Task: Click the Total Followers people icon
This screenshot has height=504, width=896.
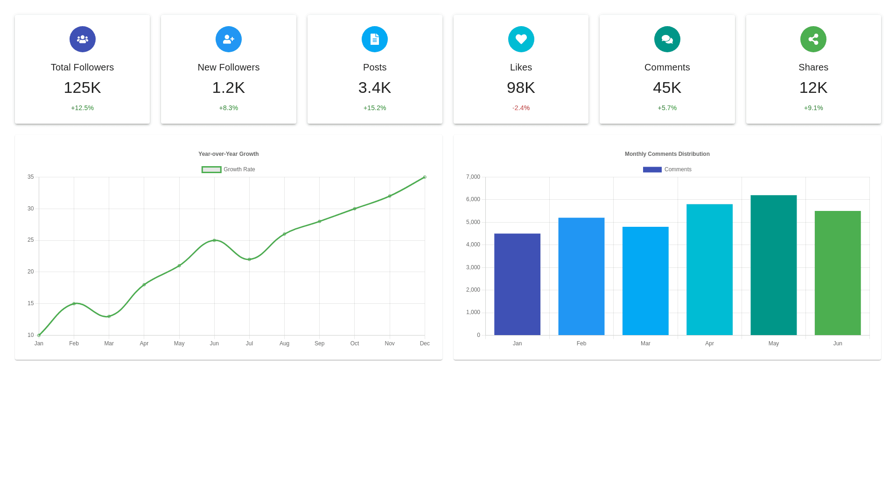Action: point(83,39)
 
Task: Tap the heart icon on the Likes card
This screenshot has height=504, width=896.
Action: point(521,39)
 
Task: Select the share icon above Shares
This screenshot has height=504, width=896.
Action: point(813,39)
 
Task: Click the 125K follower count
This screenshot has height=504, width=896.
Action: point(82,88)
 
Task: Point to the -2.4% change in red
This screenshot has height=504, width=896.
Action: point(521,108)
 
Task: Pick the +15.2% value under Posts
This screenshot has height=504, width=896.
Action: point(375,108)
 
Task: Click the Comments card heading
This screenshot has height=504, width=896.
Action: point(667,67)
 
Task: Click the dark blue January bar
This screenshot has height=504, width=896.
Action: point(517,284)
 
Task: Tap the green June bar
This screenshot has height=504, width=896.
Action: point(838,273)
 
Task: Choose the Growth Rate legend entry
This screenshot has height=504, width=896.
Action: point(229,169)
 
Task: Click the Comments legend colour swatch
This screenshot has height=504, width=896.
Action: point(652,169)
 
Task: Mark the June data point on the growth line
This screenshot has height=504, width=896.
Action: point(214,240)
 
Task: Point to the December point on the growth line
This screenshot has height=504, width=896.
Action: point(425,177)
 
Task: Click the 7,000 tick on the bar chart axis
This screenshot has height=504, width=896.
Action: point(473,177)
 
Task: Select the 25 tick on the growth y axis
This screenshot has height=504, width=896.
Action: point(31,240)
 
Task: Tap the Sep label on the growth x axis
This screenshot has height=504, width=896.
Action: point(319,343)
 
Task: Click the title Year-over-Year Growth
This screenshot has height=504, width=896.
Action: point(228,154)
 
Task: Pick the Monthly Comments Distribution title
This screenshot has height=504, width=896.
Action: point(667,154)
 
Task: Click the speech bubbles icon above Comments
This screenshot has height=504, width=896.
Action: point(667,39)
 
